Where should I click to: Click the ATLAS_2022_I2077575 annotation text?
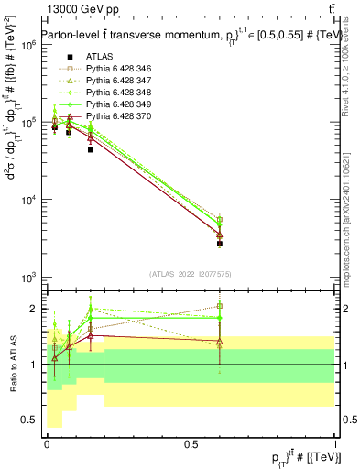pos(191,274)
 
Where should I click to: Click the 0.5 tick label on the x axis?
pos(191,444)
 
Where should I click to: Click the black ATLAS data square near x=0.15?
pos(90,149)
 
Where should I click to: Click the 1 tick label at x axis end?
pos(335,444)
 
